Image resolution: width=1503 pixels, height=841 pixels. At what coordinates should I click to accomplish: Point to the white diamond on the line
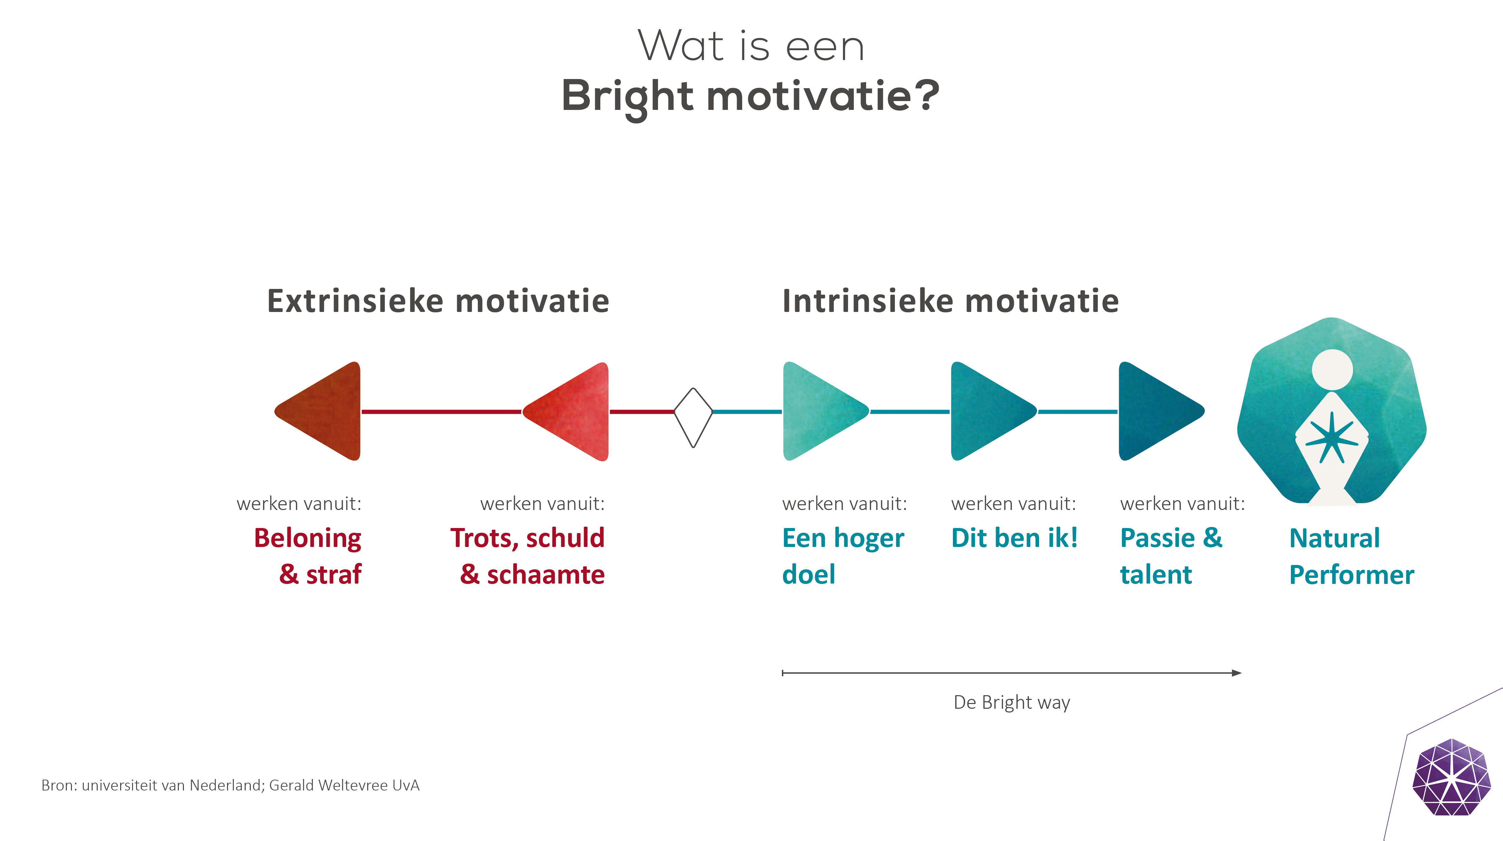pyautogui.click(x=693, y=417)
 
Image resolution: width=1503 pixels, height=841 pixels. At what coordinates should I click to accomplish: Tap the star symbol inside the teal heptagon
pyautogui.click(x=1332, y=438)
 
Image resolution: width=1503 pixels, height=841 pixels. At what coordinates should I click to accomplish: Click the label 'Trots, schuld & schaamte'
pyautogui.click(x=527, y=556)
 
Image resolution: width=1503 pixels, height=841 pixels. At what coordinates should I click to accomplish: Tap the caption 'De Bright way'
pyautogui.click(x=1012, y=702)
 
